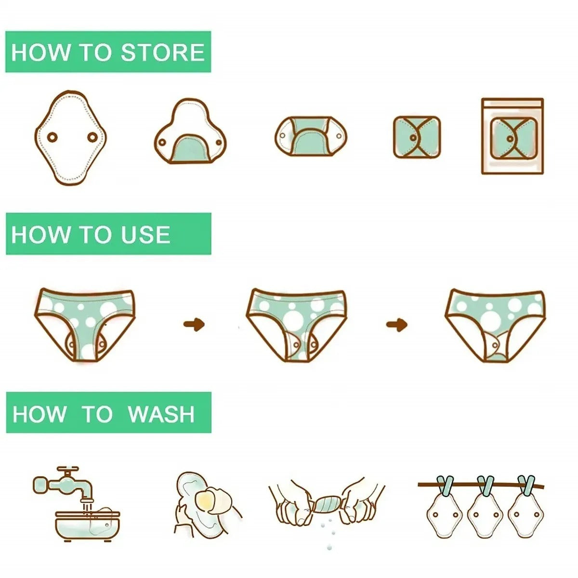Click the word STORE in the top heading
163,53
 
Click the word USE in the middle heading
145,235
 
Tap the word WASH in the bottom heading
161,414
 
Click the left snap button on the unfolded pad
52,137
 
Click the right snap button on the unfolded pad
92,137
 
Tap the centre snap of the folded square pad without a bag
413,138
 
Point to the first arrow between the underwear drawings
194,324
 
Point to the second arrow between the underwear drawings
397,324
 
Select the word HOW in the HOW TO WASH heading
39,414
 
